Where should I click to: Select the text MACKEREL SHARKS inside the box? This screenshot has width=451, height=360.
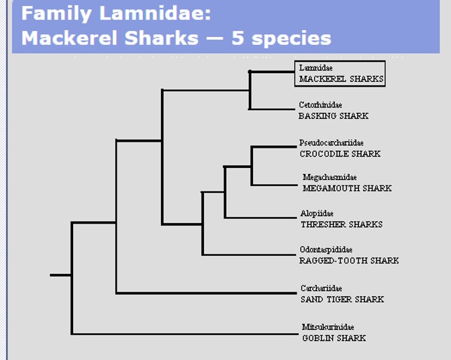coord(342,79)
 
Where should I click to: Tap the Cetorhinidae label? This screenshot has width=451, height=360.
coord(320,105)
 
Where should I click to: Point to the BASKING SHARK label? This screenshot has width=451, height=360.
coord(334,116)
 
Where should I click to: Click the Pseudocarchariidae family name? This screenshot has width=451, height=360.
coord(331,143)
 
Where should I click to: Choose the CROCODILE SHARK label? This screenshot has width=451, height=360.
coord(340,154)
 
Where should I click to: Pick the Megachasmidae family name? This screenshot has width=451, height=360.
coord(330,177)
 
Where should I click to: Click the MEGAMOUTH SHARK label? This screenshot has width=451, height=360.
coord(347,188)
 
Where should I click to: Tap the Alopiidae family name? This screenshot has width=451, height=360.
coord(317,214)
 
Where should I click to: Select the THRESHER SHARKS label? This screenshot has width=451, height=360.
coord(342,224)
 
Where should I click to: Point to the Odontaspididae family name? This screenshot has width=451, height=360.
coord(326,249)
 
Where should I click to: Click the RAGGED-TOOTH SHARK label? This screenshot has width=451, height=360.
coord(349,261)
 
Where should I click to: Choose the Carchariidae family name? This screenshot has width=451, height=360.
coord(321,288)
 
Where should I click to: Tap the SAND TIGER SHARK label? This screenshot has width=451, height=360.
coord(342,300)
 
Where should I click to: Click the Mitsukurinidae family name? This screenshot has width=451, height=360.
coord(328,327)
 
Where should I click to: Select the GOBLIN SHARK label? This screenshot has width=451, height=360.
coord(334,338)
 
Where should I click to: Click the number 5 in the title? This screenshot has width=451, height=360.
coord(238,38)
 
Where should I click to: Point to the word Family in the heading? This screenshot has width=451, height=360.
coord(56,14)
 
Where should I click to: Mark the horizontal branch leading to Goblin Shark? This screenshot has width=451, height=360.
coord(185,334)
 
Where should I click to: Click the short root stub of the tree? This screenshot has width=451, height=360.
coord(60,275)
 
